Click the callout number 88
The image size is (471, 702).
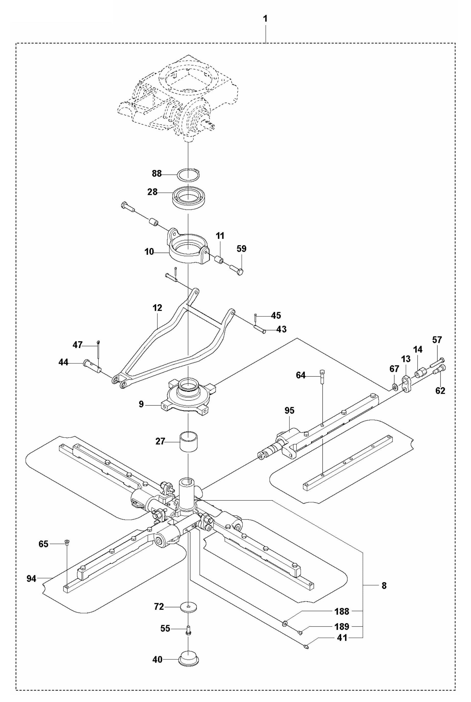(157, 174)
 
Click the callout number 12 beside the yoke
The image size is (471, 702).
(157, 308)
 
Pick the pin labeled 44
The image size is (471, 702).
(92, 365)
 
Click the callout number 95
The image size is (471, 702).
(289, 411)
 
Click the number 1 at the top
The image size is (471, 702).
(265, 19)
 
